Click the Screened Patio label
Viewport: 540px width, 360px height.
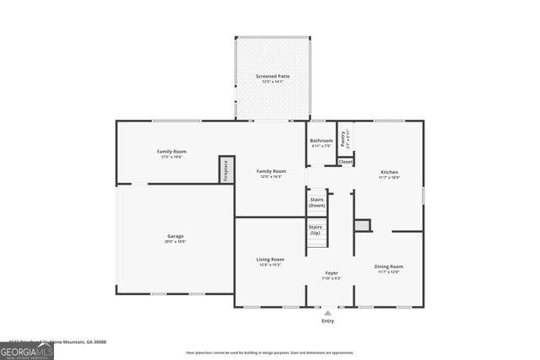tap(273, 77)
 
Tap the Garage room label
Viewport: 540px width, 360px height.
tap(175, 235)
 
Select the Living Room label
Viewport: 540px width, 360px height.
tap(270, 259)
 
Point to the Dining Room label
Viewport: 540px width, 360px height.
tap(388, 266)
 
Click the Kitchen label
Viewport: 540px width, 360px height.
tap(388, 172)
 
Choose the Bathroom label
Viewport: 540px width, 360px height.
tap(321, 141)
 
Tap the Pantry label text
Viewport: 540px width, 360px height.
tap(343, 137)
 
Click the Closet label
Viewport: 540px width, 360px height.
tap(346, 162)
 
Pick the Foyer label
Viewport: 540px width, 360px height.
tap(332, 273)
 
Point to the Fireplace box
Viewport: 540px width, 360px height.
tap(226, 169)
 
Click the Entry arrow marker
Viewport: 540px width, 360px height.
tap(327, 313)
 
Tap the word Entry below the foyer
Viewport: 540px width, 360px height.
tap(327, 321)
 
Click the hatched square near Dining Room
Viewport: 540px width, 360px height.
tap(362, 225)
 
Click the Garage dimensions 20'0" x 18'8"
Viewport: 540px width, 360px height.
tap(175, 241)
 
